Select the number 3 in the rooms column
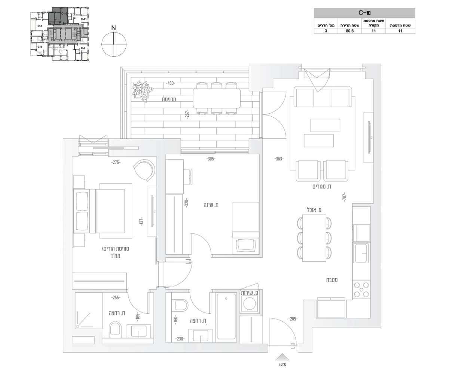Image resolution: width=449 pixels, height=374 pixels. (326, 31)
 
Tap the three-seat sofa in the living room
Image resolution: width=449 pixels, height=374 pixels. (323, 97)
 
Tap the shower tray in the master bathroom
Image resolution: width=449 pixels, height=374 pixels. (89, 310)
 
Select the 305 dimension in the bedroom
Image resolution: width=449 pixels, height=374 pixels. (211, 159)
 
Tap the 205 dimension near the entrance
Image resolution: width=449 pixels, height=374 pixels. (293, 319)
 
